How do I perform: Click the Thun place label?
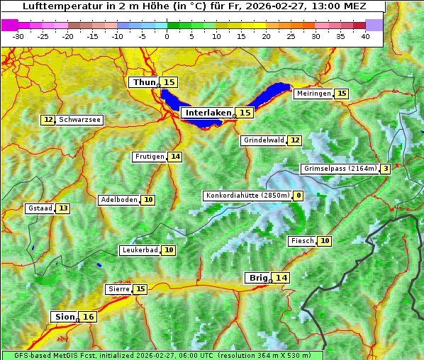pyautogui.click(x=144, y=83)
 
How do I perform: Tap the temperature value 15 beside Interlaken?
pyautogui.click(x=245, y=113)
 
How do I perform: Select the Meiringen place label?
pyautogui.click(x=313, y=94)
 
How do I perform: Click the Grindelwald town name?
pyautogui.click(x=264, y=140)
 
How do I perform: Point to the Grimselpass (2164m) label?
pyautogui.click(x=340, y=169)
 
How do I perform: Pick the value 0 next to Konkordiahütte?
pyautogui.click(x=299, y=196)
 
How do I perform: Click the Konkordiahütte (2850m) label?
pyautogui.click(x=247, y=196)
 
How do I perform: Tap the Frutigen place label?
pyautogui.click(x=149, y=157)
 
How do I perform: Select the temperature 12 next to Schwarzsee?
pyautogui.click(x=48, y=120)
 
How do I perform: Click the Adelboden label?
pyautogui.click(x=118, y=200)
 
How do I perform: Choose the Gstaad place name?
pyautogui.click(x=40, y=208)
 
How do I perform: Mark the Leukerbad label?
pyautogui.click(x=139, y=250)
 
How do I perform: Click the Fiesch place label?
pyautogui.click(x=302, y=241)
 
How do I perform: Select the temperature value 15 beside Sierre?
pyautogui.click(x=140, y=289)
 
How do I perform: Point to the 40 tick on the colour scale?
pyautogui.click(x=365, y=35)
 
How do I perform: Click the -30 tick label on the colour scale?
pyautogui.click(x=18, y=35)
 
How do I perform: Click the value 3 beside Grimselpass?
pyautogui.click(x=384, y=169)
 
